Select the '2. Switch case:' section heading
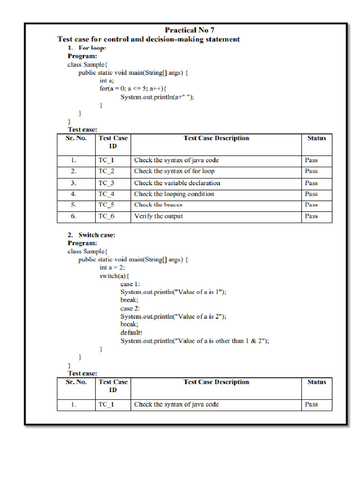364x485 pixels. click(x=91, y=235)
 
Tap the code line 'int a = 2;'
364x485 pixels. click(x=112, y=268)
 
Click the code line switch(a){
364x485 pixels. click(x=114, y=276)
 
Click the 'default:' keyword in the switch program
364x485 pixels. click(x=131, y=332)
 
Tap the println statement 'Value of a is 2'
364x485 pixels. click(x=173, y=316)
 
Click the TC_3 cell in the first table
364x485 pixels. click(x=106, y=183)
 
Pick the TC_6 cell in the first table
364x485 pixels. click(x=106, y=216)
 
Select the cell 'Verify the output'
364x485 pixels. click(x=158, y=216)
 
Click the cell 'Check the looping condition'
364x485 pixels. click(x=174, y=194)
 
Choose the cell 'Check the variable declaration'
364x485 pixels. click(x=177, y=183)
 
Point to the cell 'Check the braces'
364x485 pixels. click(x=158, y=205)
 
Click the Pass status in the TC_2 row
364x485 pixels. click(x=311, y=171)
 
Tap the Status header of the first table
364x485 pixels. click(x=316, y=138)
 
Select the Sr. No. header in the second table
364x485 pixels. click(x=76, y=382)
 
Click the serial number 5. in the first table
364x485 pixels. click(x=73, y=205)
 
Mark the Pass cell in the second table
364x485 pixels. click(x=311, y=404)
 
